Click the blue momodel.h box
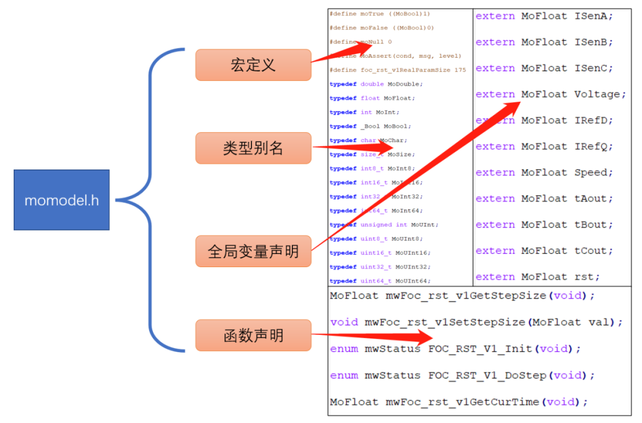(x=61, y=200)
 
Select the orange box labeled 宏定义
(x=253, y=65)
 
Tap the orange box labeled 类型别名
(x=253, y=148)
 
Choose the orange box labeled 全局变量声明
(x=253, y=251)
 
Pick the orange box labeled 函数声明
(x=253, y=336)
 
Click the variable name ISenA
(x=593, y=16)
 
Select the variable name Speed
(x=593, y=173)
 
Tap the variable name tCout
(x=593, y=251)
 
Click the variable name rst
(x=587, y=277)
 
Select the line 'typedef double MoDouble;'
(x=376, y=84)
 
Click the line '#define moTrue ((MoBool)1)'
(x=380, y=13)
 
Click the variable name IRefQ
(x=593, y=146)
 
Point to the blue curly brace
(x=149, y=200)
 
